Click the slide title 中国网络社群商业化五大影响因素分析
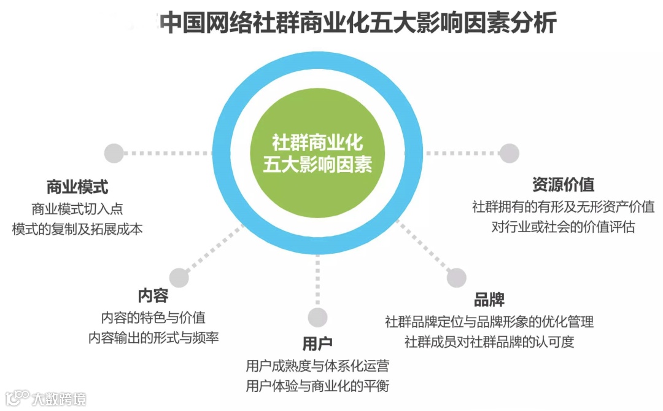point(358,23)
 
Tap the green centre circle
point(317,154)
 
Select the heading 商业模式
point(77,187)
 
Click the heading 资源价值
point(563,184)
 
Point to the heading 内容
point(153,296)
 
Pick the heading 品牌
point(489,299)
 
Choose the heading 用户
point(317,343)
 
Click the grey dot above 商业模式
point(114,153)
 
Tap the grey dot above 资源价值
point(509,153)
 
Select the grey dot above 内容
point(179,278)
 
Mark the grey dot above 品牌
point(456,278)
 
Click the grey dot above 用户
point(317,317)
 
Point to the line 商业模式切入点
point(77,208)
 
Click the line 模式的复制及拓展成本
point(77,229)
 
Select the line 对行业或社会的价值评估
point(563,227)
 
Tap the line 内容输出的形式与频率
point(153,338)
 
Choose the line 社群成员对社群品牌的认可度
point(489,342)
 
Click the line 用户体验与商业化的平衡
point(317,386)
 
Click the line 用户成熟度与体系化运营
point(317,366)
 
